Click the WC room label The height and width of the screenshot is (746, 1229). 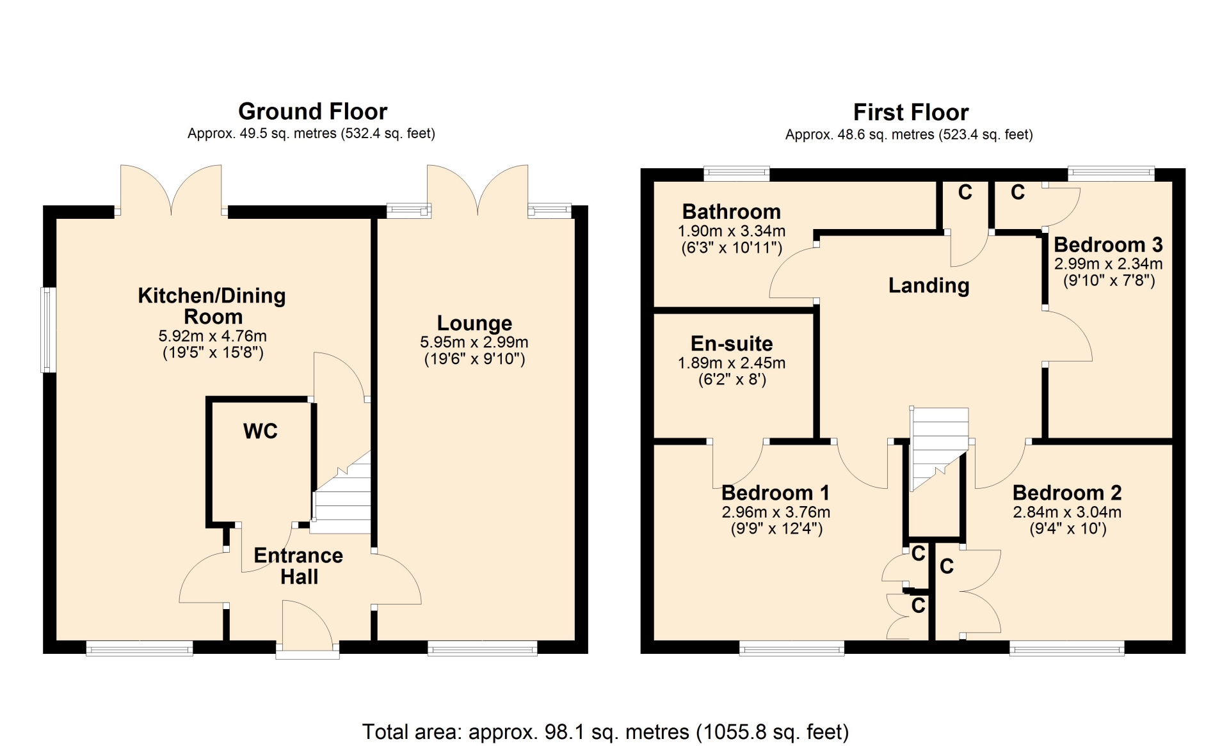pos(261,431)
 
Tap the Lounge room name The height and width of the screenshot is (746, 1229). pos(474,323)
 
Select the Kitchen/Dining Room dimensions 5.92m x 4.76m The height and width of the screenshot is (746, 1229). pos(213,336)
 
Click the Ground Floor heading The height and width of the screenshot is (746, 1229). pos(312,111)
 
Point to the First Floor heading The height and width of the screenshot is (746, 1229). pos(911,113)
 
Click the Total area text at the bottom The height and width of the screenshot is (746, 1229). pos(606,731)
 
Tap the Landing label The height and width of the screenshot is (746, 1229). pos(929,285)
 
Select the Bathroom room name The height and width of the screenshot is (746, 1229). pos(731,211)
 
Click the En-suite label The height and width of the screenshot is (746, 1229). pos(732,344)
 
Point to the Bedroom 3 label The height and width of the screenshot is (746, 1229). pos(1108,244)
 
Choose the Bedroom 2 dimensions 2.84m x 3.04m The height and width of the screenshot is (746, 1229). pos(1067,512)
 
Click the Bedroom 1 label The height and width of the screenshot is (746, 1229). pos(775,493)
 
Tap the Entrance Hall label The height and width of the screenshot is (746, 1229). pos(298,566)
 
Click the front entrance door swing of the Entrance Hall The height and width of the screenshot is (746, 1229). pos(307,624)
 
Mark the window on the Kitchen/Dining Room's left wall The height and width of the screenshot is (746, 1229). pos(48,330)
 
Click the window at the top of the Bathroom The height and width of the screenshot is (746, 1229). pos(736,173)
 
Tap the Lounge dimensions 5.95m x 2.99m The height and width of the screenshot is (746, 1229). pos(474,342)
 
